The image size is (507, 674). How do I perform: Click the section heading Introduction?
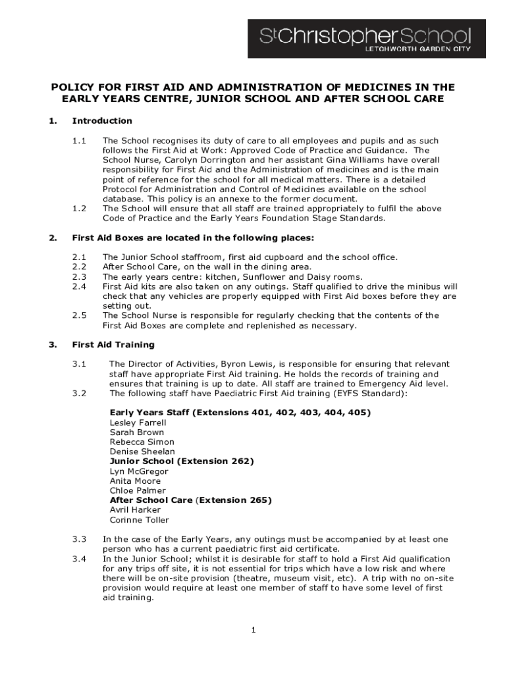102,121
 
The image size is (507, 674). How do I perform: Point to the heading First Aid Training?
113,345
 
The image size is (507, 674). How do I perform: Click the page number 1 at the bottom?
253,631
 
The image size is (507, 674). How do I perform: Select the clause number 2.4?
79,286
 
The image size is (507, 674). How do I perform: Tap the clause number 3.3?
79,540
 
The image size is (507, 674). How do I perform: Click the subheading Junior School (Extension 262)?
182,461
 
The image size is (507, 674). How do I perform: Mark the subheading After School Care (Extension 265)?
190,500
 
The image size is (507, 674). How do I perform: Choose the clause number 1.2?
79,209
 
